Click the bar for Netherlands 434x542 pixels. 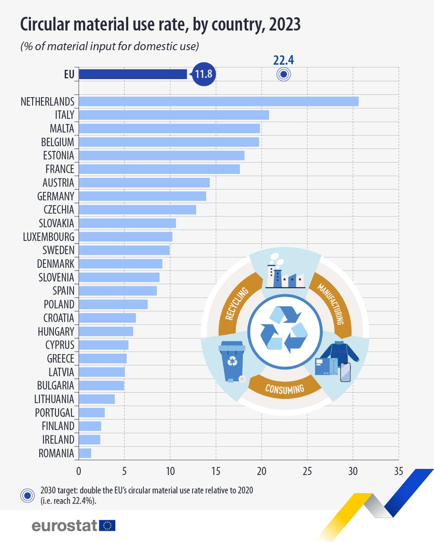[x=218, y=101]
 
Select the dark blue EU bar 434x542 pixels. [x=132, y=74]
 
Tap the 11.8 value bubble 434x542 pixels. [x=203, y=74]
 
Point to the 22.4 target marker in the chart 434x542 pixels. [x=283, y=75]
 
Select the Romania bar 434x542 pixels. [x=85, y=453]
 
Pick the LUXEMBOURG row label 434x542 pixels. [x=48, y=237]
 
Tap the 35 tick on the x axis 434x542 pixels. [x=398, y=470]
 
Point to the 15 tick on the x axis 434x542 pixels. [x=216, y=470]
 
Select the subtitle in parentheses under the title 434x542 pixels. [x=110, y=46]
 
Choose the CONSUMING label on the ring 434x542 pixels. [x=285, y=388]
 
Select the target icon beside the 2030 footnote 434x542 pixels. [x=28, y=495]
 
